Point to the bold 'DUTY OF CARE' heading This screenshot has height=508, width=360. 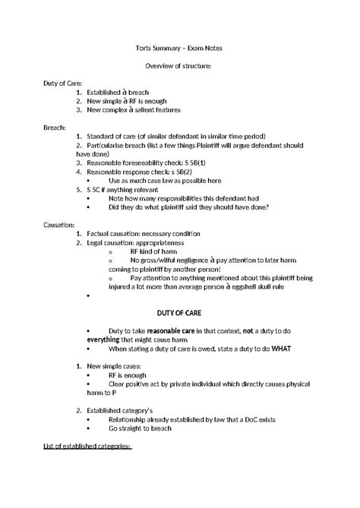(x=179, y=312)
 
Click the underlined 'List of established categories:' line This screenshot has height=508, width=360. (x=87, y=446)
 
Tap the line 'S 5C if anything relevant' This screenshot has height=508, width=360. (x=126, y=190)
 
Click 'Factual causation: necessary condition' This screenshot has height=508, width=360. (x=145, y=234)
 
